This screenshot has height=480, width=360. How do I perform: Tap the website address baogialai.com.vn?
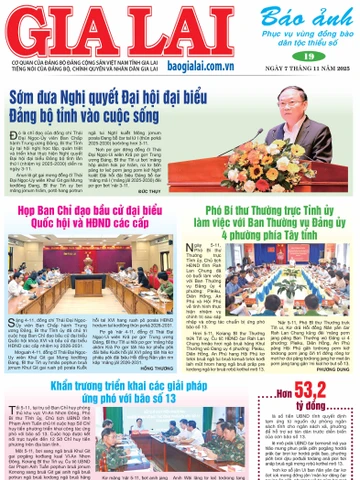[x=196, y=61]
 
